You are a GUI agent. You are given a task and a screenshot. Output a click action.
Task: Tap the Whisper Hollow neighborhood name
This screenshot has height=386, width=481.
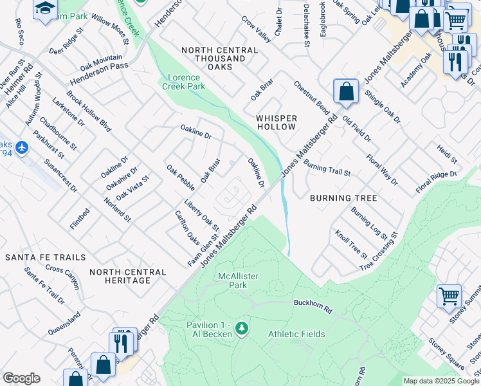[277, 122]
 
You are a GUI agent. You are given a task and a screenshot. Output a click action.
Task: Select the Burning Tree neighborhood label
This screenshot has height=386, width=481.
[343, 198]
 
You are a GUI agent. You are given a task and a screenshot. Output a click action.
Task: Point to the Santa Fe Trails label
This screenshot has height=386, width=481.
[45, 257]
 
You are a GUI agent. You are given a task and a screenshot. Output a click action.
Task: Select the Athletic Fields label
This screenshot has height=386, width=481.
[296, 334]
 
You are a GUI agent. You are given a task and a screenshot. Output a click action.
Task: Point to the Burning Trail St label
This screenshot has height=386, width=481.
[327, 169]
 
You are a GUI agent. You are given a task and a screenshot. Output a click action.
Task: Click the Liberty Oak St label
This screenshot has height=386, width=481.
[201, 216]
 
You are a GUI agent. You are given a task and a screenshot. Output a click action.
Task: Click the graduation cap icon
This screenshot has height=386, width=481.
[45, 9]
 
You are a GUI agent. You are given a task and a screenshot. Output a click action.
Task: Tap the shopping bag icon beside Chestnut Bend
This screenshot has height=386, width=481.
[346, 91]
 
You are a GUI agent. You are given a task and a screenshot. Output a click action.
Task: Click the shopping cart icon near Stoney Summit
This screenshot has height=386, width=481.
[449, 296]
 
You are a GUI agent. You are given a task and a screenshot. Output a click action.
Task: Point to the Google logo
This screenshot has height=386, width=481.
[21, 378]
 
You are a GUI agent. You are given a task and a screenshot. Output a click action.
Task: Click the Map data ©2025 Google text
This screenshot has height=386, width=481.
[441, 381]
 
